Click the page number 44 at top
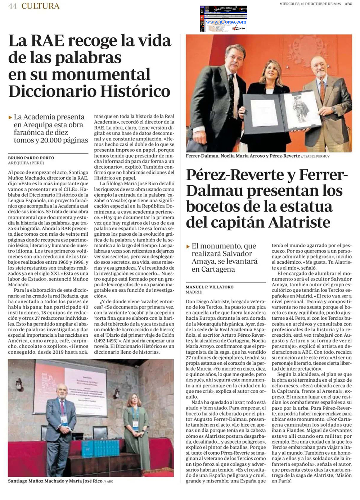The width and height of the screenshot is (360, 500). [x=12, y=6]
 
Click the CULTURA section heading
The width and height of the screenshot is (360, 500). [x=40, y=6]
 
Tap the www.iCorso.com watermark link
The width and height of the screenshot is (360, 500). [x=226, y=22]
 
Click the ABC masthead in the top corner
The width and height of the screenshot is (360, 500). [x=348, y=4]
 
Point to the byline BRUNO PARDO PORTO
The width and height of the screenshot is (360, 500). [x=31, y=158]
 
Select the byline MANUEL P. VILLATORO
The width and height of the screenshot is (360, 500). [x=210, y=287]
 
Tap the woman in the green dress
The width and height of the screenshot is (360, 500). [x=136, y=428]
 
